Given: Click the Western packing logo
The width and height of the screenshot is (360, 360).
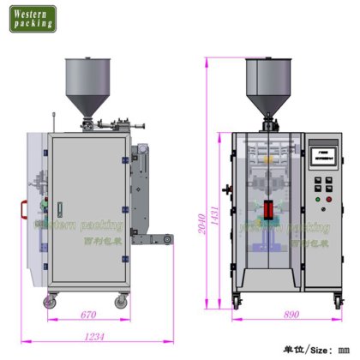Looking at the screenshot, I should pos(33,18).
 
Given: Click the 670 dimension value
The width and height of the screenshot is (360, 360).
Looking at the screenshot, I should pos(87,314).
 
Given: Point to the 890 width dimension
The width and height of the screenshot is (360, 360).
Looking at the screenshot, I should pos(291,315).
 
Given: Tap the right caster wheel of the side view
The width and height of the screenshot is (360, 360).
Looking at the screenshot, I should pos(123,301).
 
